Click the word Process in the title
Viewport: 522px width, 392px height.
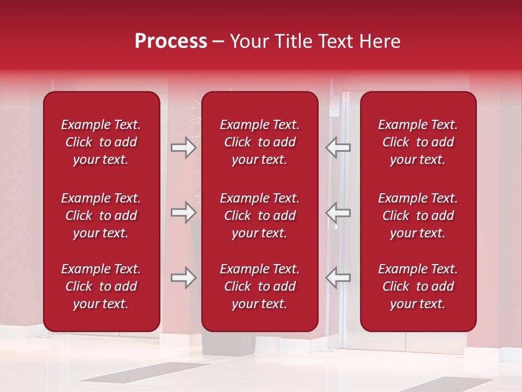point(171,41)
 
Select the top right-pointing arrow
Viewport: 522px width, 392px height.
point(184,148)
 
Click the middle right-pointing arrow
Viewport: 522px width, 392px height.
point(184,212)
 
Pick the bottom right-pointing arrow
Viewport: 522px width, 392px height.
point(184,278)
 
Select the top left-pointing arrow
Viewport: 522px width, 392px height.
point(338,148)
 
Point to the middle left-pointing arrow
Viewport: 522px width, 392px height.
point(338,212)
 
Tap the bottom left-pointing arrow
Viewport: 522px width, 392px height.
point(338,278)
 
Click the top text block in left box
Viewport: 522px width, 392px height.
point(101,142)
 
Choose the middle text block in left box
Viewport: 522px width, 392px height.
point(101,216)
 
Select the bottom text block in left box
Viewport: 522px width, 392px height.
point(101,286)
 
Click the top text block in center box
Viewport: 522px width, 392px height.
point(259,142)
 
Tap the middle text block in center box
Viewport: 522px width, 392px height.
point(259,216)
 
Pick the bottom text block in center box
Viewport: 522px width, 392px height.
point(259,286)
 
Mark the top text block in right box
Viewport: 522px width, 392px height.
point(418,142)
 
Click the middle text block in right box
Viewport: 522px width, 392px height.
point(418,216)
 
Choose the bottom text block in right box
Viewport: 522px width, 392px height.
point(418,286)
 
